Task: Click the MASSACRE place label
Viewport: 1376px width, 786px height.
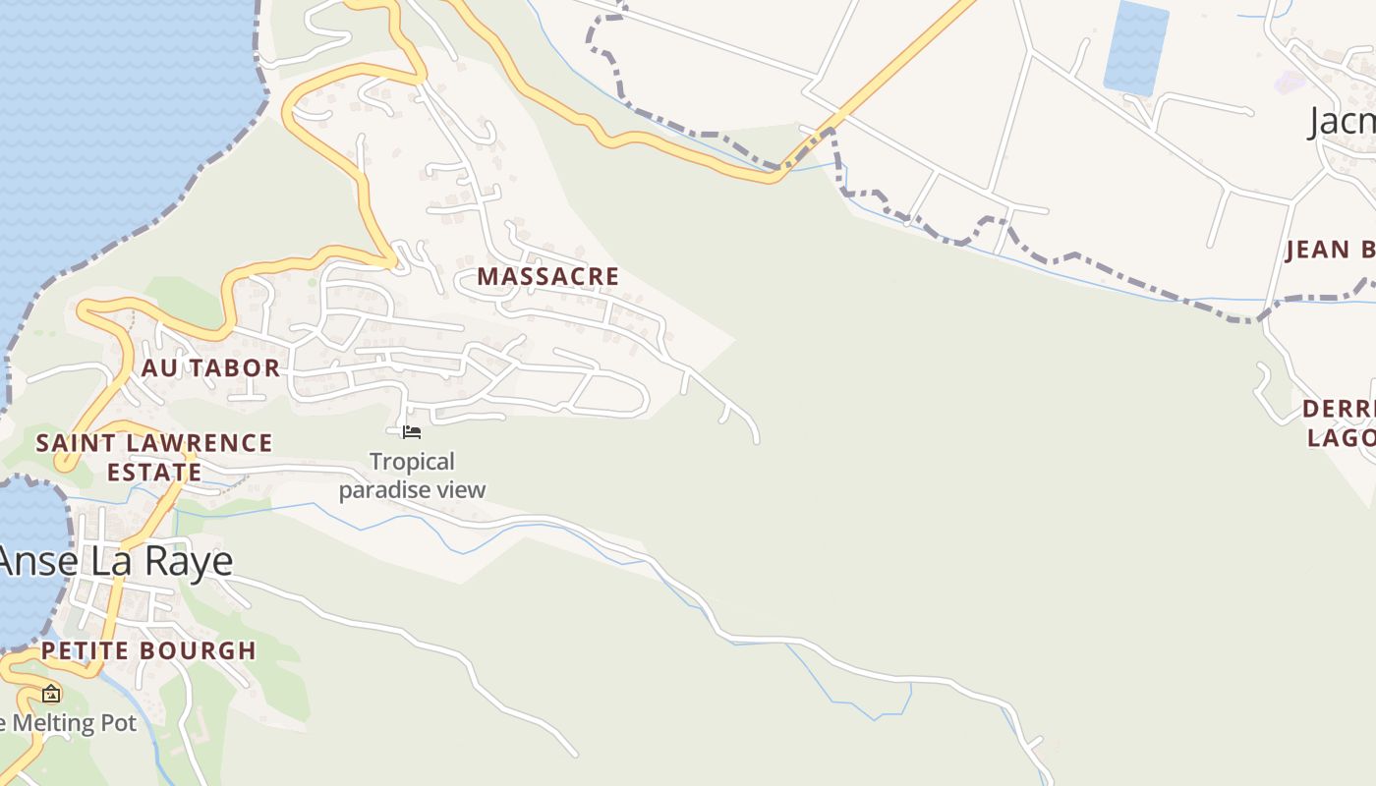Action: click(x=548, y=277)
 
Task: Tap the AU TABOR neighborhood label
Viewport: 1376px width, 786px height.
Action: click(x=211, y=368)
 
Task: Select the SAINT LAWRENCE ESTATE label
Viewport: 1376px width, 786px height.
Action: click(x=154, y=458)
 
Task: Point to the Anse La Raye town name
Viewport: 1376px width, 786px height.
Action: click(x=116, y=561)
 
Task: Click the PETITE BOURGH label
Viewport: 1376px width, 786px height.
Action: click(x=148, y=651)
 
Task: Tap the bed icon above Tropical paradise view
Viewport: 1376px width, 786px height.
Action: click(x=412, y=431)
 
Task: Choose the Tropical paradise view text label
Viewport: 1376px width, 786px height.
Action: click(x=413, y=476)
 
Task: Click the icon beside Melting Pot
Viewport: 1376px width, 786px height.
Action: click(x=51, y=694)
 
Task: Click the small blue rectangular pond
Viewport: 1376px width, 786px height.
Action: click(x=1136, y=48)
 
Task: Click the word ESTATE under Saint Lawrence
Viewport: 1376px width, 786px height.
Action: click(x=154, y=473)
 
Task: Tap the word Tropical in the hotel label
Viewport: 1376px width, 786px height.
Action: click(x=413, y=462)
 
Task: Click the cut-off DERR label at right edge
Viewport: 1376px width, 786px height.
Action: click(x=1339, y=409)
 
